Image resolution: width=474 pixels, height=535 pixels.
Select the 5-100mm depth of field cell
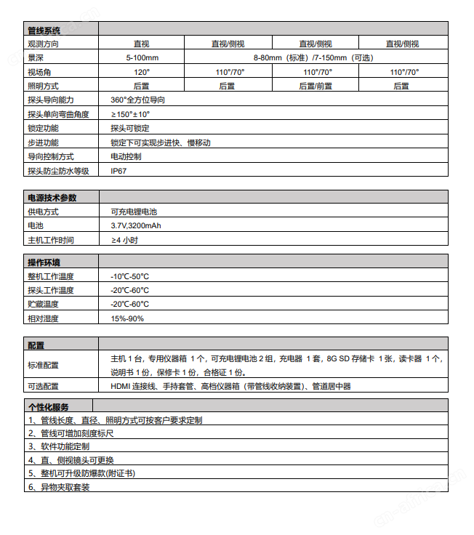coord(142,57)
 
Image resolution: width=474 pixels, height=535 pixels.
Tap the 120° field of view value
coord(142,72)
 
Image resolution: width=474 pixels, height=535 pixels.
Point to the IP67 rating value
coord(118,171)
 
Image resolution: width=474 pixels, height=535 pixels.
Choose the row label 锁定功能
coord(44,128)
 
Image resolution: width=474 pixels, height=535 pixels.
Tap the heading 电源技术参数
coord(52,198)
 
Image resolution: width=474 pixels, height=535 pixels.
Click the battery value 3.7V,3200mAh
coord(136,226)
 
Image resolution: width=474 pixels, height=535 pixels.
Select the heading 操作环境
coord(44,262)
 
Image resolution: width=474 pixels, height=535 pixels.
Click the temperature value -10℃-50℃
coord(129,276)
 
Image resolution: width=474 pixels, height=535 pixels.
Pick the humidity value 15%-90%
coord(127,318)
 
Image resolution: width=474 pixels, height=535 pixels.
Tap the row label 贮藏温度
coord(43,305)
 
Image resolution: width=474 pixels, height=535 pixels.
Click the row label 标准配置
coord(43,365)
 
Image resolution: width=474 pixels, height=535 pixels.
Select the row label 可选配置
coord(43,387)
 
